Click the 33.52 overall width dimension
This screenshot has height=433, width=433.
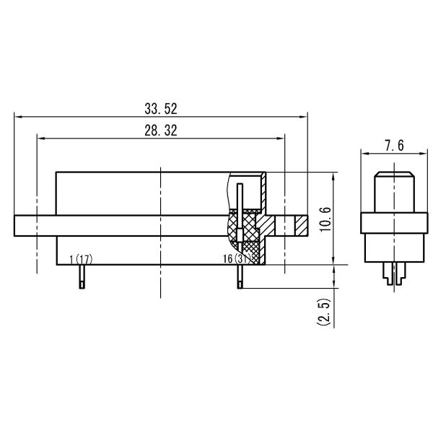coord(160,109)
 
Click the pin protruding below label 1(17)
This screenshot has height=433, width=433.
coord(84,276)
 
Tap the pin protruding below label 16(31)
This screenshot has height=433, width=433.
coord(239,276)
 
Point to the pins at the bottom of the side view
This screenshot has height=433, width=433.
coord(394,275)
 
